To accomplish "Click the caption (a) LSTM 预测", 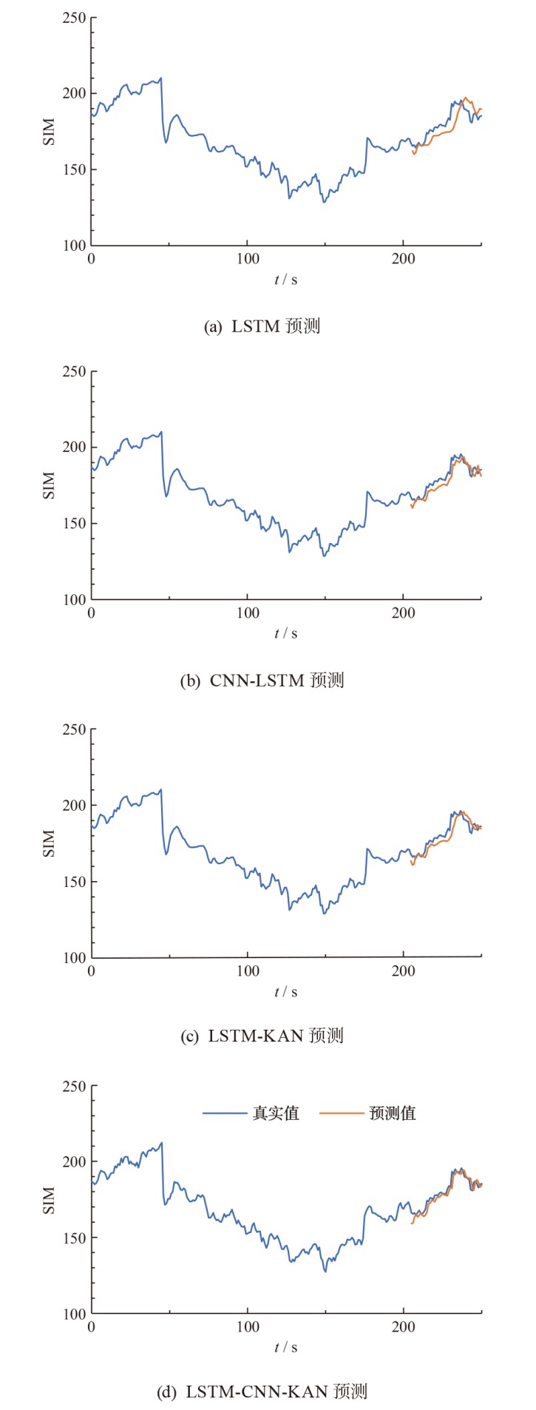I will coord(262,326).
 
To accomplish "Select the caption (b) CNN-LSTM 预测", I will coord(262,680).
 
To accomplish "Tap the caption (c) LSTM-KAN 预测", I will coord(262,1036).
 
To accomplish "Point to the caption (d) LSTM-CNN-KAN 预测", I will coord(262,1392).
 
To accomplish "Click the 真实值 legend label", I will coord(276,1113).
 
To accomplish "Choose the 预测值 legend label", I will coord(393,1113).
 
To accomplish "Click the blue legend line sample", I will coord(225,1113).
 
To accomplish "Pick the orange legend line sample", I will coord(342,1113).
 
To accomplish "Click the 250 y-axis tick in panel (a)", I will coord(74,18).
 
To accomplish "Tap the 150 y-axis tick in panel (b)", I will coord(74,523).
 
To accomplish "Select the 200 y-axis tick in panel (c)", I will coord(74,805).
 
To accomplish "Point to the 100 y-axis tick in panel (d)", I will coord(74,1314).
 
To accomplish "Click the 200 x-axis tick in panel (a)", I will coord(404,259).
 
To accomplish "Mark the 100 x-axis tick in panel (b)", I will coord(248,613).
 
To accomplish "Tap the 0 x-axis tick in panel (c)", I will coord(92,971).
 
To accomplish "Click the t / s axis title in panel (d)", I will coord(286,1347).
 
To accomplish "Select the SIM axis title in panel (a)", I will coord(50,132).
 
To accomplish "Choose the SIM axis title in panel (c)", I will coord(50,843).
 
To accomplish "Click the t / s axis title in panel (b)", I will coord(286,633).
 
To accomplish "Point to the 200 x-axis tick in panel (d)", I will coord(404,1327).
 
